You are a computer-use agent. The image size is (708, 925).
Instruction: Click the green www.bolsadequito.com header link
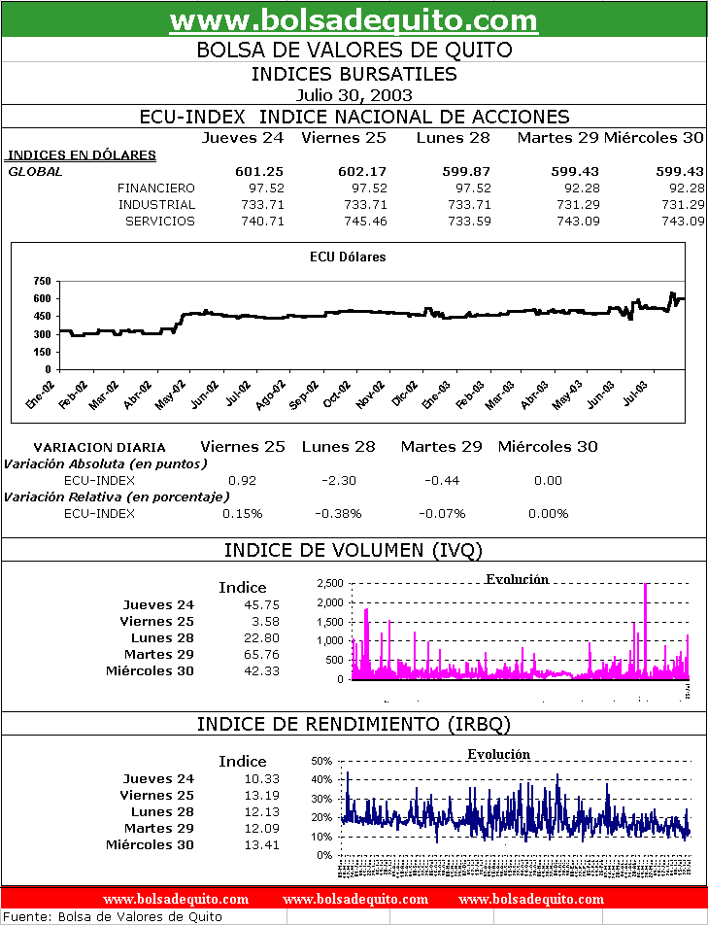(354, 20)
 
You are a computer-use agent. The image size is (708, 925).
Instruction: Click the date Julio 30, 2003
(354, 95)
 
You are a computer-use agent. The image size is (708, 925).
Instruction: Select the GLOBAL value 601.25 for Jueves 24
(259, 171)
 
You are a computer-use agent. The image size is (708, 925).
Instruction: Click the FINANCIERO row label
(155, 188)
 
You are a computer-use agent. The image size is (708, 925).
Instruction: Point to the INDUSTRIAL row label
(156, 204)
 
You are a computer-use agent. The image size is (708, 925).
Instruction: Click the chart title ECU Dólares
(348, 257)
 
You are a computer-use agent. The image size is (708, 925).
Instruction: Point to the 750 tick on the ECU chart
(41, 281)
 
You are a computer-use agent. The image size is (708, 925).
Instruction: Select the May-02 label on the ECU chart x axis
(173, 399)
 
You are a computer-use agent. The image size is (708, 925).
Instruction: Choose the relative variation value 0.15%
(242, 513)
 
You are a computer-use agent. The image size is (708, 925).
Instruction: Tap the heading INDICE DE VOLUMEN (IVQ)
(354, 550)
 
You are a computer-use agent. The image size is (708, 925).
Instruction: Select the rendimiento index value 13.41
(262, 844)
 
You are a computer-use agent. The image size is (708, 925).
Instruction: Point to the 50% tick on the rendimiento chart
(322, 761)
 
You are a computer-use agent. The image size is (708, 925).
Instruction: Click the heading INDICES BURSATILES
(354, 74)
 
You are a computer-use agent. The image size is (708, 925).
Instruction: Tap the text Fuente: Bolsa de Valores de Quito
(114, 916)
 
